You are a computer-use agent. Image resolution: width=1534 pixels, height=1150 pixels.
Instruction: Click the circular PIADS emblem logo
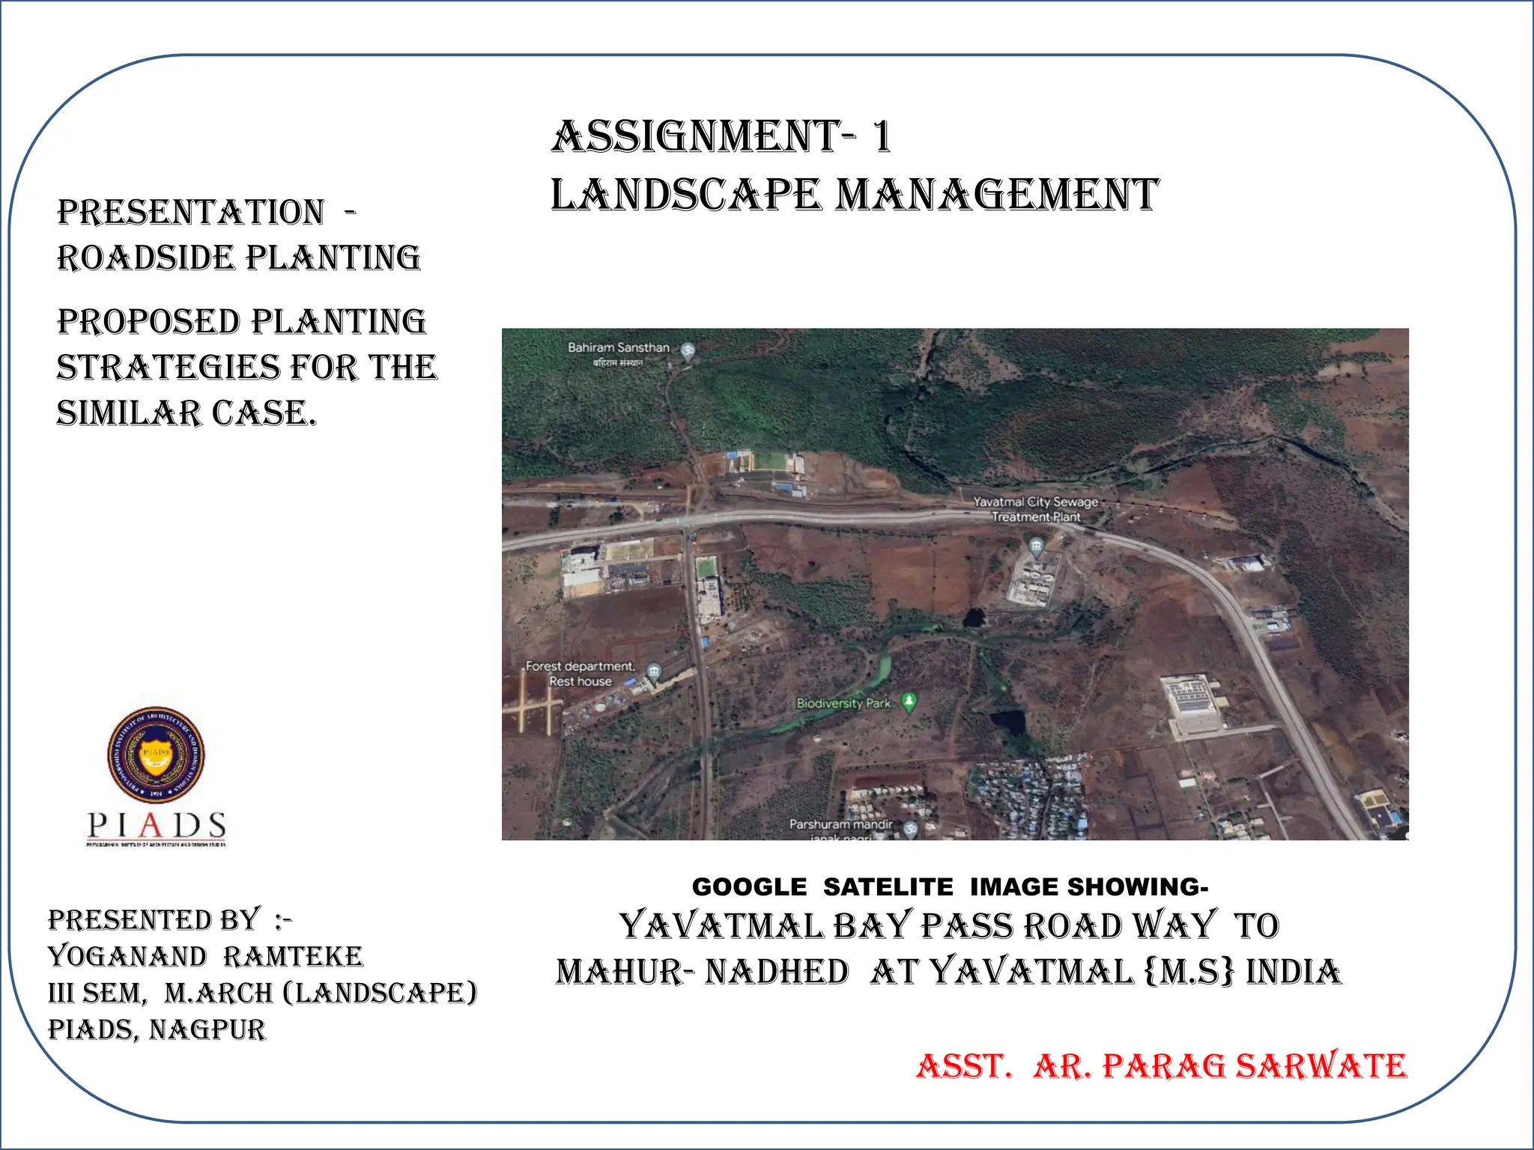156,755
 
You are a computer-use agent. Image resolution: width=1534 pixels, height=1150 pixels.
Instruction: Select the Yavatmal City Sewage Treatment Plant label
1036,509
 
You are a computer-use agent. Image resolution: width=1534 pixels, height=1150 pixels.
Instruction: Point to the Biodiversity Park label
843,704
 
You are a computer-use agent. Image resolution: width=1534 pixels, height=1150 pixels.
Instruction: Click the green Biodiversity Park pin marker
909,702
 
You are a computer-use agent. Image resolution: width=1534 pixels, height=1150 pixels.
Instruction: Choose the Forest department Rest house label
580,674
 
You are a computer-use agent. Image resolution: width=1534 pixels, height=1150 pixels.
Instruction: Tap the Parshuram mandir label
840,824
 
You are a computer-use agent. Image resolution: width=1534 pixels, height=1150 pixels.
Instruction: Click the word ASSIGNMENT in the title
694,137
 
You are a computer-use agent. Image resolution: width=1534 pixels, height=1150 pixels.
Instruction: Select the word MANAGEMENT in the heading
997,195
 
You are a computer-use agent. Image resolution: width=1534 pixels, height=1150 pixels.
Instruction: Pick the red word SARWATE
1321,1066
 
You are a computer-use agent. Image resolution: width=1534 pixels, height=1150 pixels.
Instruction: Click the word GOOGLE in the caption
749,887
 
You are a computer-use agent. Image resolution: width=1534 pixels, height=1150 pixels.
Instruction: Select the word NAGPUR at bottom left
207,1030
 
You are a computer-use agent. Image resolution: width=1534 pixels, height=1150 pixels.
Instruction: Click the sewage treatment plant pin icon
1036,545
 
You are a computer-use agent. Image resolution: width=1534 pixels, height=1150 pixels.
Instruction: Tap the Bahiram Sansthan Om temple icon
688,350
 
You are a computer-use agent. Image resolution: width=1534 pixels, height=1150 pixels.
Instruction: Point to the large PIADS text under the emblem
157,826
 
